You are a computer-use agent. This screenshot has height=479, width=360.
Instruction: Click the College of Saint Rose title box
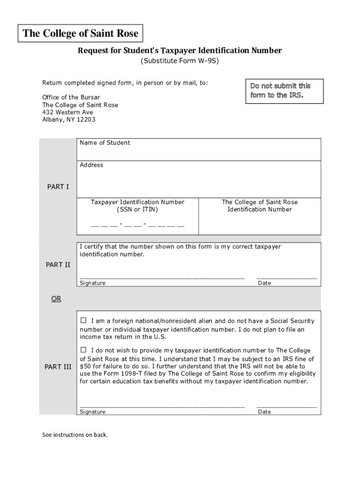tap(80, 34)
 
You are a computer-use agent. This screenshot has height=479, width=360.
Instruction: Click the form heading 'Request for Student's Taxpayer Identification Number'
tap(180, 51)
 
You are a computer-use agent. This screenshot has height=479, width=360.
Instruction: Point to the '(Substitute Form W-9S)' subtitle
tap(180, 61)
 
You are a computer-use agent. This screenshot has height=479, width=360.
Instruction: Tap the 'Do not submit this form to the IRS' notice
tap(280, 90)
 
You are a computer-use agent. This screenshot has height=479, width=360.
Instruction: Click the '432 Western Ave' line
tap(68, 112)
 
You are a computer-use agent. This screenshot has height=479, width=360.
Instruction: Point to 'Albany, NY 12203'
tap(69, 120)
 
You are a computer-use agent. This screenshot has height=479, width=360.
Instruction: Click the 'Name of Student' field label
tap(105, 143)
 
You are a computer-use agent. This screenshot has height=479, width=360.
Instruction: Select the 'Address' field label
tap(91, 165)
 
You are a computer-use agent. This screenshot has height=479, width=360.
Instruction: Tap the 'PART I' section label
tap(58, 187)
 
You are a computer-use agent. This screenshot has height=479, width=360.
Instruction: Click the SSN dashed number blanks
tap(137, 225)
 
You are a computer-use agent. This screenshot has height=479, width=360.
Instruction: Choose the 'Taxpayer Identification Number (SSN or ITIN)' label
tap(137, 206)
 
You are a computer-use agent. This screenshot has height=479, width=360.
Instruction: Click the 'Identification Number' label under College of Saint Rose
tap(259, 210)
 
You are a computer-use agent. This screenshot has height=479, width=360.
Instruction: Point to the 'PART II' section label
tap(58, 265)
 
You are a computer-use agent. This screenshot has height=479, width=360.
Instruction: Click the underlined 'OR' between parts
tap(56, 299)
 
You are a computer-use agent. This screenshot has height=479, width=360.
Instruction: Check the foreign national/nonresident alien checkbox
tap(84, 321)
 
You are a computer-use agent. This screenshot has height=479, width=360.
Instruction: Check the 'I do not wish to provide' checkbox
tap(84, 350)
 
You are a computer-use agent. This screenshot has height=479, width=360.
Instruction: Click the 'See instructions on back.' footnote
tap(75, 435)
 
